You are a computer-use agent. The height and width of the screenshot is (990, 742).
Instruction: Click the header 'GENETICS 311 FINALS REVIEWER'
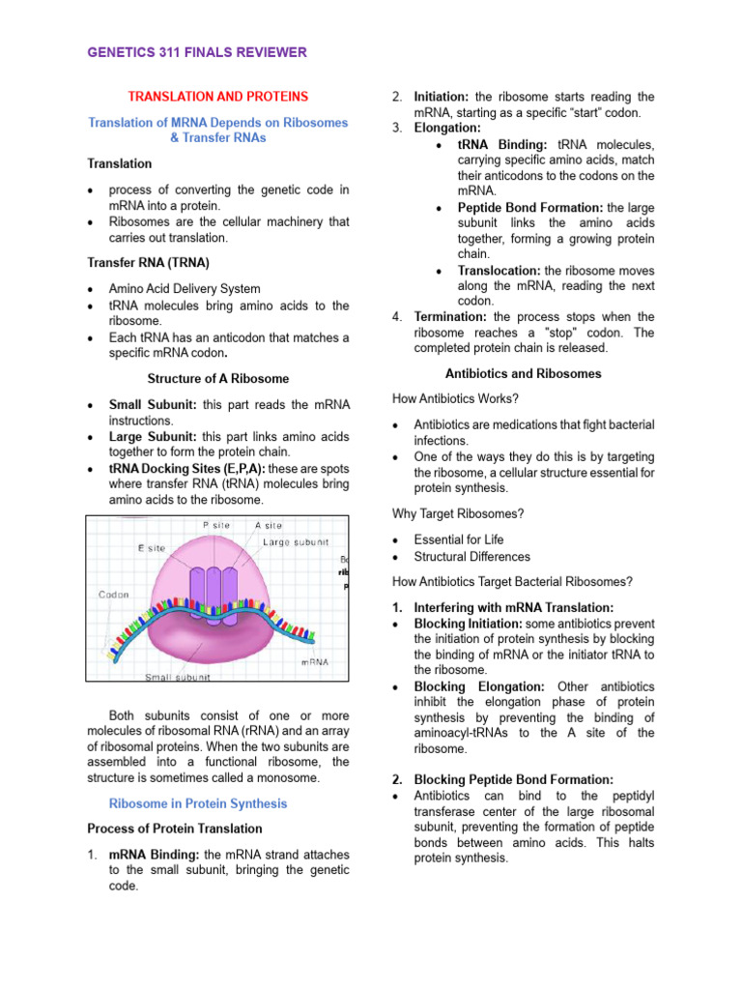(197, 52)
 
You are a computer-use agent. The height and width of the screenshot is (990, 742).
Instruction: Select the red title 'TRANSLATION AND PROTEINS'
(218, 97)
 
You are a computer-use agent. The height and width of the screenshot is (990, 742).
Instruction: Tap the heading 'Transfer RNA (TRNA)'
(148, 262)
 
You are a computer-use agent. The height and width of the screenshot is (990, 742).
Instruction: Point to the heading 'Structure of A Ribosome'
(217, 378)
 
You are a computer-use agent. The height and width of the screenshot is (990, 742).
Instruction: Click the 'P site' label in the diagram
(217, 525)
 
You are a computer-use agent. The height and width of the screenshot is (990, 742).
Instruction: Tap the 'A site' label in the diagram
(269, 525)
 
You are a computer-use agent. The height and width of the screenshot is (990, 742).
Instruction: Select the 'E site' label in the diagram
(150, 547)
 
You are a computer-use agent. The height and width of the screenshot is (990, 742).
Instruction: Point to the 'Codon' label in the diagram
(115, 595)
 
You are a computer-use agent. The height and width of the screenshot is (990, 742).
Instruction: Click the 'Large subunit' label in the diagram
(296, 542)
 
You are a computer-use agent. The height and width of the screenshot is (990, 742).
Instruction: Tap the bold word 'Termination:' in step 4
(451, 317)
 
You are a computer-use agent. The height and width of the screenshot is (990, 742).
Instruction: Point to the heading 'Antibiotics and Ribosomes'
(523, 373)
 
